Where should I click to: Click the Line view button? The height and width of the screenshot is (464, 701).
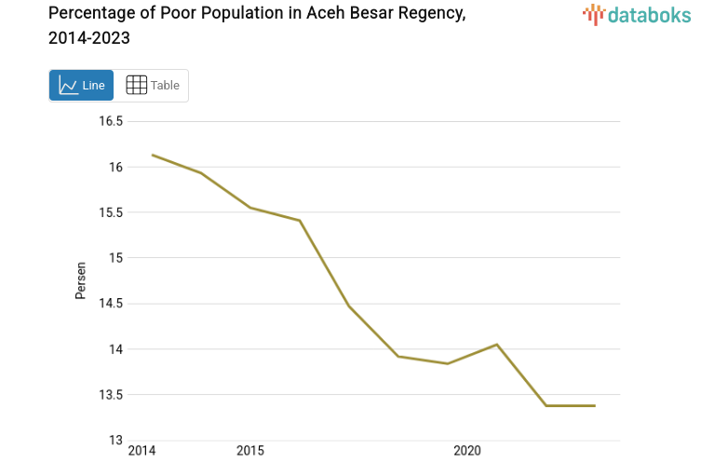(81, 86)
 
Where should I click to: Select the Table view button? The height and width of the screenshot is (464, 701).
(152, 86)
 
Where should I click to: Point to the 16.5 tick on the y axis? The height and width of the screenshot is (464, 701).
(113, 121)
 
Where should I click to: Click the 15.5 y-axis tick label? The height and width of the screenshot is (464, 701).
(113, 212)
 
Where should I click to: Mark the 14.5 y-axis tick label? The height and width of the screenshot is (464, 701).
(113, 304)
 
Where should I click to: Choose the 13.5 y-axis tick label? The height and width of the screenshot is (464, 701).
(113, 395)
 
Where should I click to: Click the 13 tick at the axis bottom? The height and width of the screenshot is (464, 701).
(119, 440)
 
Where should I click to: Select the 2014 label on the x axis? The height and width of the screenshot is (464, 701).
(142, 452)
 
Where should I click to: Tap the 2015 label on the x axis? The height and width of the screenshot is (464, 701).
(249, 452)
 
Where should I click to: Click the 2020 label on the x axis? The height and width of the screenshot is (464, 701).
(466, 452)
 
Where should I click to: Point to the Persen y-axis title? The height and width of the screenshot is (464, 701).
(81, 280)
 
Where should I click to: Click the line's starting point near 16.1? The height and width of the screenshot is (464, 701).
(152, 155)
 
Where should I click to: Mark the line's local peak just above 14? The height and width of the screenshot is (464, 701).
(496, 345)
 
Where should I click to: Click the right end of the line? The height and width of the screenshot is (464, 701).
(594, 405)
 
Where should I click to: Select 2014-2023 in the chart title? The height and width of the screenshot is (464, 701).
(88, 38)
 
